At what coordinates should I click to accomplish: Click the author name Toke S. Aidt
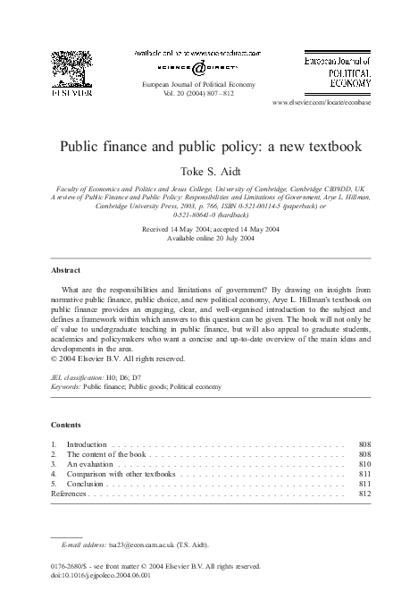pos(210,168)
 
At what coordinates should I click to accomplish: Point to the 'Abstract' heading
pos(65,269)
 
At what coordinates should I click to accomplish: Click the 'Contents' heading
pos(66,425)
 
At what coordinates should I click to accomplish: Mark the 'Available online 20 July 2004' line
pos(209,238)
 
